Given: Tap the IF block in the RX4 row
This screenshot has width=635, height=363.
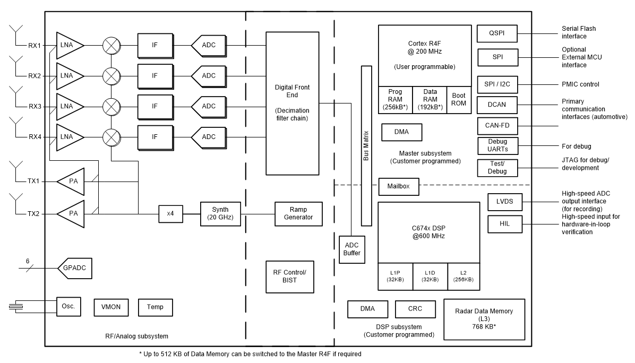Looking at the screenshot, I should [x=155, y=137].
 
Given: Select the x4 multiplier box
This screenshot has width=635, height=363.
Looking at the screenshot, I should [x=170, y=214].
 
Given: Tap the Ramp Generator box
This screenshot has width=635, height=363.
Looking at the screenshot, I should [x=298, y=213].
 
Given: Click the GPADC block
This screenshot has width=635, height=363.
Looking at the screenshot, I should [x=75, y=270].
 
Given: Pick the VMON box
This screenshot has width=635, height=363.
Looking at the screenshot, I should [x=110, y=307].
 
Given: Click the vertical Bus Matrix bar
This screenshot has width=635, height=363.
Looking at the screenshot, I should [x=366, y=146].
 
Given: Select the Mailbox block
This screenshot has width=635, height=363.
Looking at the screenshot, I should [x=399, y=187].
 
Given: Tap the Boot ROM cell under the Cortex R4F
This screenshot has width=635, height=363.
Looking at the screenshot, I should [x=458, y=99].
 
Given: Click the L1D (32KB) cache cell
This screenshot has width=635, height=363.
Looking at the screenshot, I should [x=430, y=276].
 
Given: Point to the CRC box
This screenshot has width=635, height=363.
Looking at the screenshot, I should [x=415, y=308].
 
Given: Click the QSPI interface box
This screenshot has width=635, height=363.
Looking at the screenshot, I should [x=497, y=33].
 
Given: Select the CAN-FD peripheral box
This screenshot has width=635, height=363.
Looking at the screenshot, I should [x=497, y=126].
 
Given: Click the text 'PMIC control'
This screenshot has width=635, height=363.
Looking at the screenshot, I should [x=580, y=84].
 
